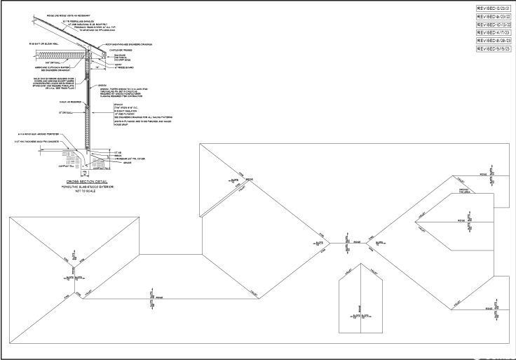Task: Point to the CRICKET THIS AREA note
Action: point(463,191)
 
